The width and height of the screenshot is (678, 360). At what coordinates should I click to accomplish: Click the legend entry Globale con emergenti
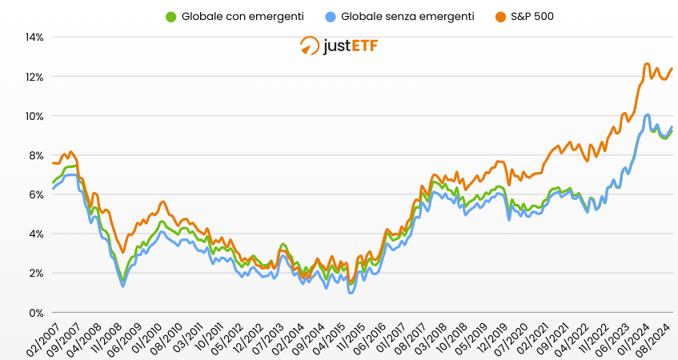tap(236, 16)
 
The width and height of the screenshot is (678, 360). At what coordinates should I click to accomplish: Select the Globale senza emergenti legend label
tap(407, 16)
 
